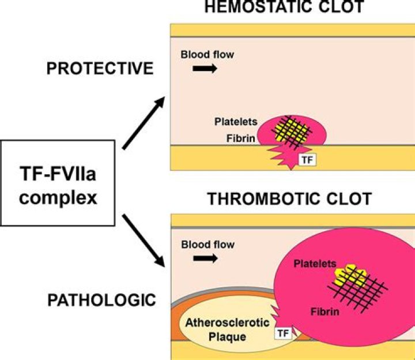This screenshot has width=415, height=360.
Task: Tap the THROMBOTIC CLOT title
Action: [x=288, y=199]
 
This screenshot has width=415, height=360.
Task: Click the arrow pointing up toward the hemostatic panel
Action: [x=143, y=123]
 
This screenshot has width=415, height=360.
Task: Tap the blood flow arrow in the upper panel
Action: [x=205, y=69]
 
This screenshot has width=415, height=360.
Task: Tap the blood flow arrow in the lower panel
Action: [x=205, y=258]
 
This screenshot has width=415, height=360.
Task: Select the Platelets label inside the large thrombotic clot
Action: [x=315, y=263]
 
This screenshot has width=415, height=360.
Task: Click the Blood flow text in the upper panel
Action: [x=207, y=55]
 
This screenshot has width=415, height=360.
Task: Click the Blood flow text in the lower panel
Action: [x=207, y=245]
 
